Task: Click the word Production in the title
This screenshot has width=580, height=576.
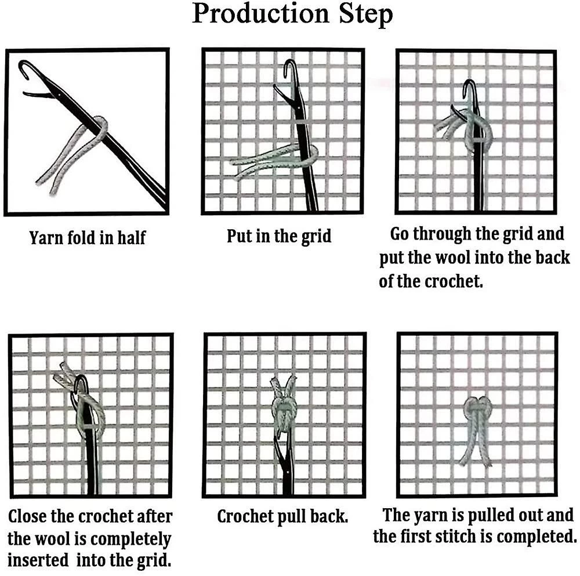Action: pos(260,14)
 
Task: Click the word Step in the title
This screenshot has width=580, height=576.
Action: pos(366,16)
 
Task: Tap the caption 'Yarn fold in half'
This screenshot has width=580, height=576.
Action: pos(88,238)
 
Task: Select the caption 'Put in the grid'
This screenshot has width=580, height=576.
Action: pos(279,237)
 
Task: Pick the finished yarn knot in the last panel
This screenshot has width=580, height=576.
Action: pos(477,429)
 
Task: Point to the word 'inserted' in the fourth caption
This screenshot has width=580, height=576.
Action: pos(38,560)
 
